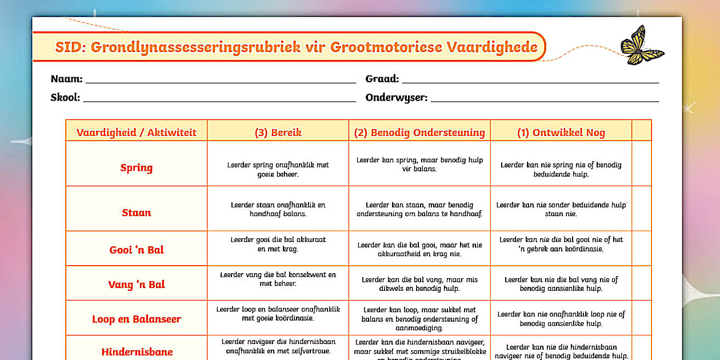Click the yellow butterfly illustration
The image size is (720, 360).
[641, 45]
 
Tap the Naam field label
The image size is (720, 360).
[66, 79]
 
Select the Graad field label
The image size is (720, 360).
[382, 79]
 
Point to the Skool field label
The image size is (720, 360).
[65, 97]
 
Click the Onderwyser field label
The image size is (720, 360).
[396, 97]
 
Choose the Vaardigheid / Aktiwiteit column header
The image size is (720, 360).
[136, 133]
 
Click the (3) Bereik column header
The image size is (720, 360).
[278, 133]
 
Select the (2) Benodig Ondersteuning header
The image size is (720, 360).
[419, 133]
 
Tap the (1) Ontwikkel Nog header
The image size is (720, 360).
[561, 133]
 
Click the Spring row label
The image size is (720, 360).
[136, 167]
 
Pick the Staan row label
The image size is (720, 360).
[136, 213]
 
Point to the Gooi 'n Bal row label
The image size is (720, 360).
[136, 250]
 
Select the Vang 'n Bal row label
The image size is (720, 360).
[136, 285]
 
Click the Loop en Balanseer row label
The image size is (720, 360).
[136, 319]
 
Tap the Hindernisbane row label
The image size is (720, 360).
[137, 351]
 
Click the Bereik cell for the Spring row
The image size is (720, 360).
[278, 169]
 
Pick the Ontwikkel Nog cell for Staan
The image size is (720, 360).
[561, 209]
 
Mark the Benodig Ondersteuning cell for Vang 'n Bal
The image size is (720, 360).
[419, 284]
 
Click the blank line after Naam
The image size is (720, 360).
[221, 80]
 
